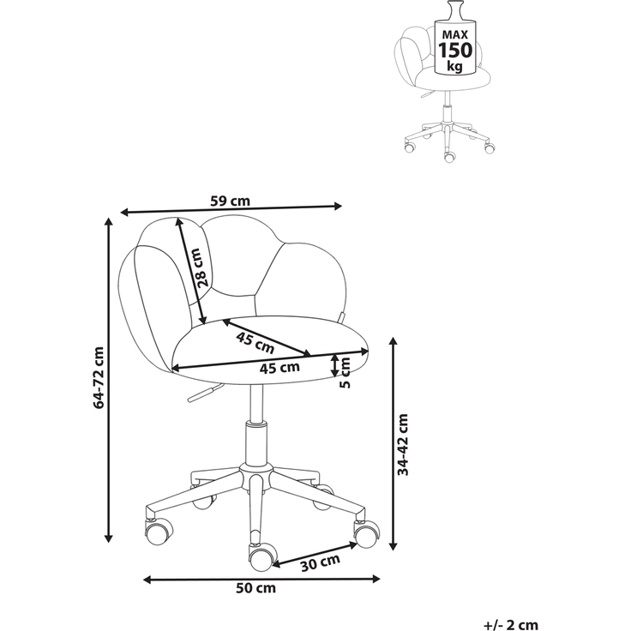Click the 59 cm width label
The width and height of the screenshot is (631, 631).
click(x=230, y=201)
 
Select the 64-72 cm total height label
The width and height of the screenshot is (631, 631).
click(x=99, y=377)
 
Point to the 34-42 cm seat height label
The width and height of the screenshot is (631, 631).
click(x=402, y=444)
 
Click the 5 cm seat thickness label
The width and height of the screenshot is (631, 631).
click(x=346, y=373)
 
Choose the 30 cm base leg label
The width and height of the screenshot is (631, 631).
click(x=321, y=562)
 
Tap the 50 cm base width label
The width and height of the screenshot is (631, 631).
click(x=255, y=588)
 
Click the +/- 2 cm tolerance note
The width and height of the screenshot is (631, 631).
click(x=511, y=624)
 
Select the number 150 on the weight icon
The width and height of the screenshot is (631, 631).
click(x=455, y=51)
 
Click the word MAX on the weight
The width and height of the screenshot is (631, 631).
click(x=455, y=34)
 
